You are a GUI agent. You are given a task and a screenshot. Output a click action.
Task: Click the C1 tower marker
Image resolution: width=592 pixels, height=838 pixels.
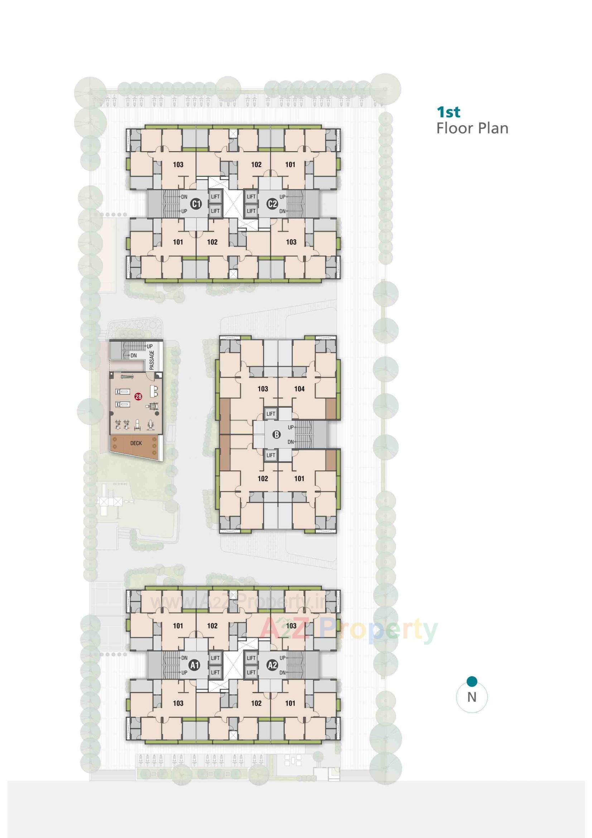pyautogui.click(x=196, y=204)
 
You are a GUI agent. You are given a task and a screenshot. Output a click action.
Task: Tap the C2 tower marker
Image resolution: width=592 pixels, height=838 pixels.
pyautogui.click(x=273, y=204)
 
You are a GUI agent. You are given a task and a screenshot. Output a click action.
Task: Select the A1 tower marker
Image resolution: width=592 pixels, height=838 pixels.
pyautogui.click(x=195, y=665)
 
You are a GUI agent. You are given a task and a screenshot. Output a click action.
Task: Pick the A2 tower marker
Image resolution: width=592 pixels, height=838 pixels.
pyautogui.click(x=273, y=665)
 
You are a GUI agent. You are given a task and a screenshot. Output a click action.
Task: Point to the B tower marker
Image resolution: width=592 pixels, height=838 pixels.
pyautogui.click(x=277, y=434)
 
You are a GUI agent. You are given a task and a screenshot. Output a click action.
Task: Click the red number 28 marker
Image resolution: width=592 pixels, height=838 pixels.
pyautogui.click(x=138, y=396)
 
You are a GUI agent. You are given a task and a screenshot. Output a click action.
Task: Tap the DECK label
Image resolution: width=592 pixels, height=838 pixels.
pyautogui.click(x=136, y=443)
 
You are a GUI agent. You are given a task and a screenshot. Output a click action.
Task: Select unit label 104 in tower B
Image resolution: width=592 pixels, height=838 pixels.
pyautogui.click(x=299, y=389)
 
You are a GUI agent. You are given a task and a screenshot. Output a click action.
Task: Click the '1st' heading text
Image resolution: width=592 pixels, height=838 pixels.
pyautogui.click(x=449, y=112)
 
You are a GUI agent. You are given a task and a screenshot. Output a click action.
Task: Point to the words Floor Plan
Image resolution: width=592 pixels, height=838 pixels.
pyautogui.click(x=472, y=128)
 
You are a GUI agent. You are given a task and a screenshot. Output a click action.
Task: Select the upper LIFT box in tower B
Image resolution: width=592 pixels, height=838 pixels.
pyautogui.click(x=271, y=414)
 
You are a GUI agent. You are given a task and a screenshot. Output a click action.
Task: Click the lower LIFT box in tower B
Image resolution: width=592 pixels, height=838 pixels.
pyautogui.click(x=271, y=455)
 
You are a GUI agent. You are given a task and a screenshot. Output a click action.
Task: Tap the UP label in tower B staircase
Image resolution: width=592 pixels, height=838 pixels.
pyautogui.click(x=291, y=427)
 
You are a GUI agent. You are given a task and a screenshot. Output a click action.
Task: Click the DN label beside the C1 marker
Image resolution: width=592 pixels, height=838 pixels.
pyautogui.click(x=184, y=197)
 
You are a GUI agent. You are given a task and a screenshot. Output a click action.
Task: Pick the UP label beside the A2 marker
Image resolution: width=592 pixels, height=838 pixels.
pyautogui.click(x=282, y=658)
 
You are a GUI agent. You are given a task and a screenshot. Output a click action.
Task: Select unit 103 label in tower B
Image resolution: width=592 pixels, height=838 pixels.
pyautogui.click(x=263, y=389)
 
